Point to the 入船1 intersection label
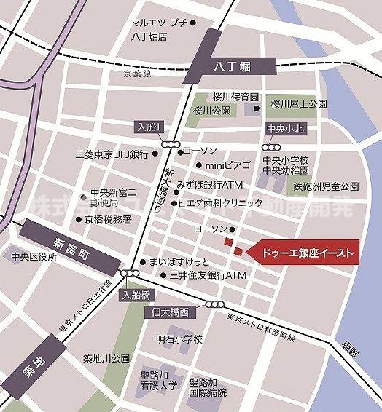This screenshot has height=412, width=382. pos(149,127)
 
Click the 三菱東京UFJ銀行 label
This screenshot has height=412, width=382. pos(112,154)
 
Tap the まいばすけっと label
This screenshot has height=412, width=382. pos(179,262)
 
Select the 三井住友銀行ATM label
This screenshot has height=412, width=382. pos(208,276)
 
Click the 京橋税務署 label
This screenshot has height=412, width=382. pos(107,218)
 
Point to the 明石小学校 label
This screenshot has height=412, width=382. pos(179,339)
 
